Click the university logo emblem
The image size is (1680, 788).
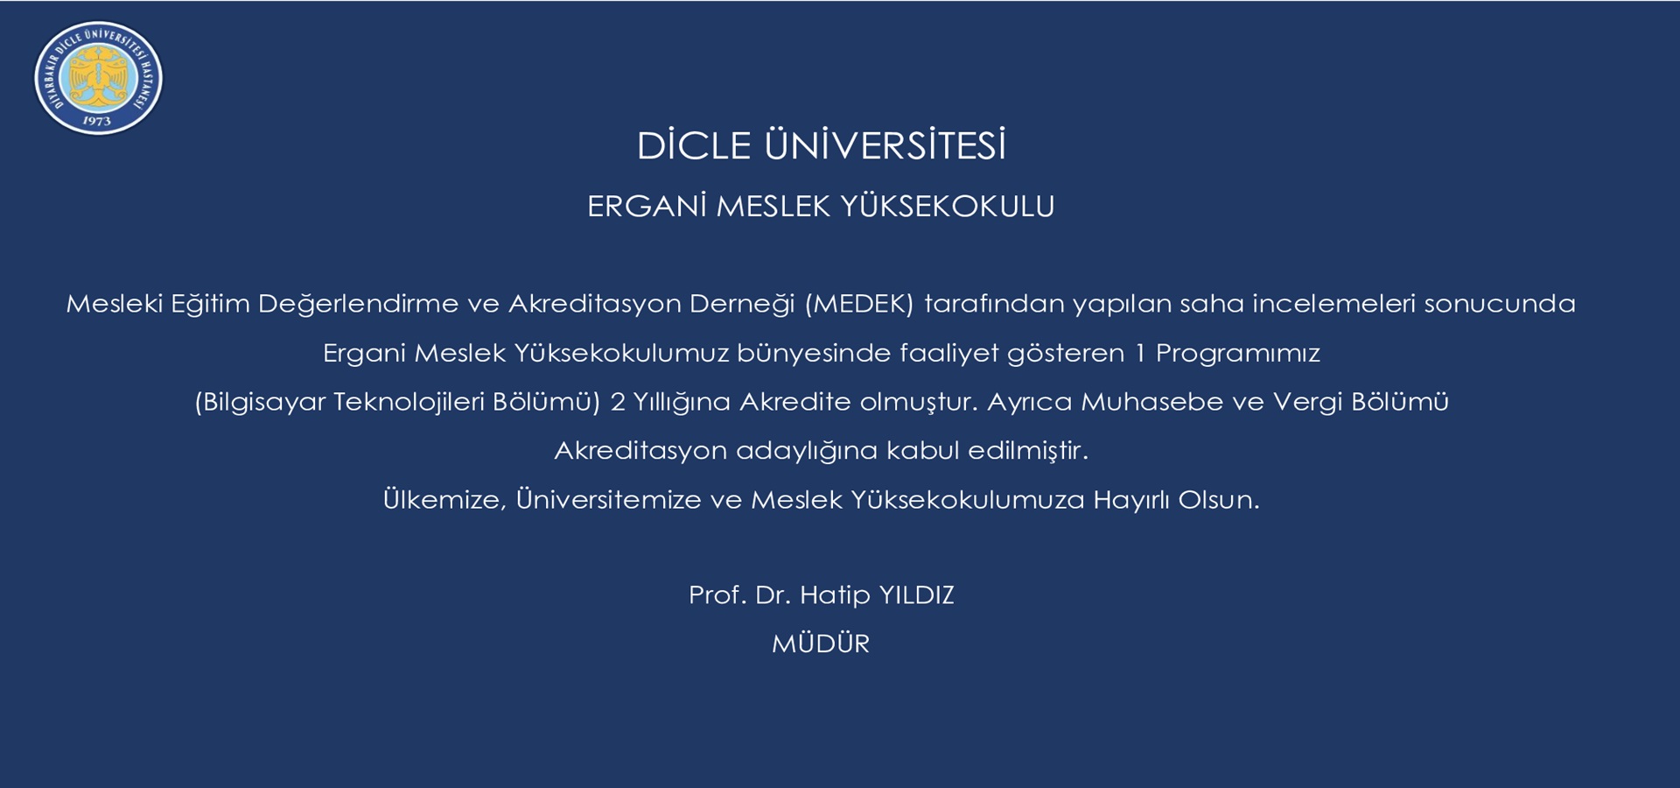click(x=98, y=78)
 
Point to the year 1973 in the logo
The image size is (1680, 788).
click(x=97, y=121)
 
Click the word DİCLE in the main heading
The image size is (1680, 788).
click(x=694, y=145)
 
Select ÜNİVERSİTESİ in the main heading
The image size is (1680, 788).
click(x=885, y=145)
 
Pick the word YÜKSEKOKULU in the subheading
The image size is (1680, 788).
click(x=948, y=207)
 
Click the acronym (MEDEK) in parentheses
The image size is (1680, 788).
click(x=859, y=304)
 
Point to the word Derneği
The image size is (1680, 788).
click(x=742, y=304)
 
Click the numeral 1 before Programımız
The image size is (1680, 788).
click(x=1140, y=353)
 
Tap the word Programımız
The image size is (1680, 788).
click(x=1238, y=354)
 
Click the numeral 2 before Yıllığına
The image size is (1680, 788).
click(x=618, y=402)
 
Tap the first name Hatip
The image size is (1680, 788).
click(x=835, y=595)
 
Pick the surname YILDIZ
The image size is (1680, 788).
click(x=916, y=595)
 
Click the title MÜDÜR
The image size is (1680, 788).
click(x=821, y=644)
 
